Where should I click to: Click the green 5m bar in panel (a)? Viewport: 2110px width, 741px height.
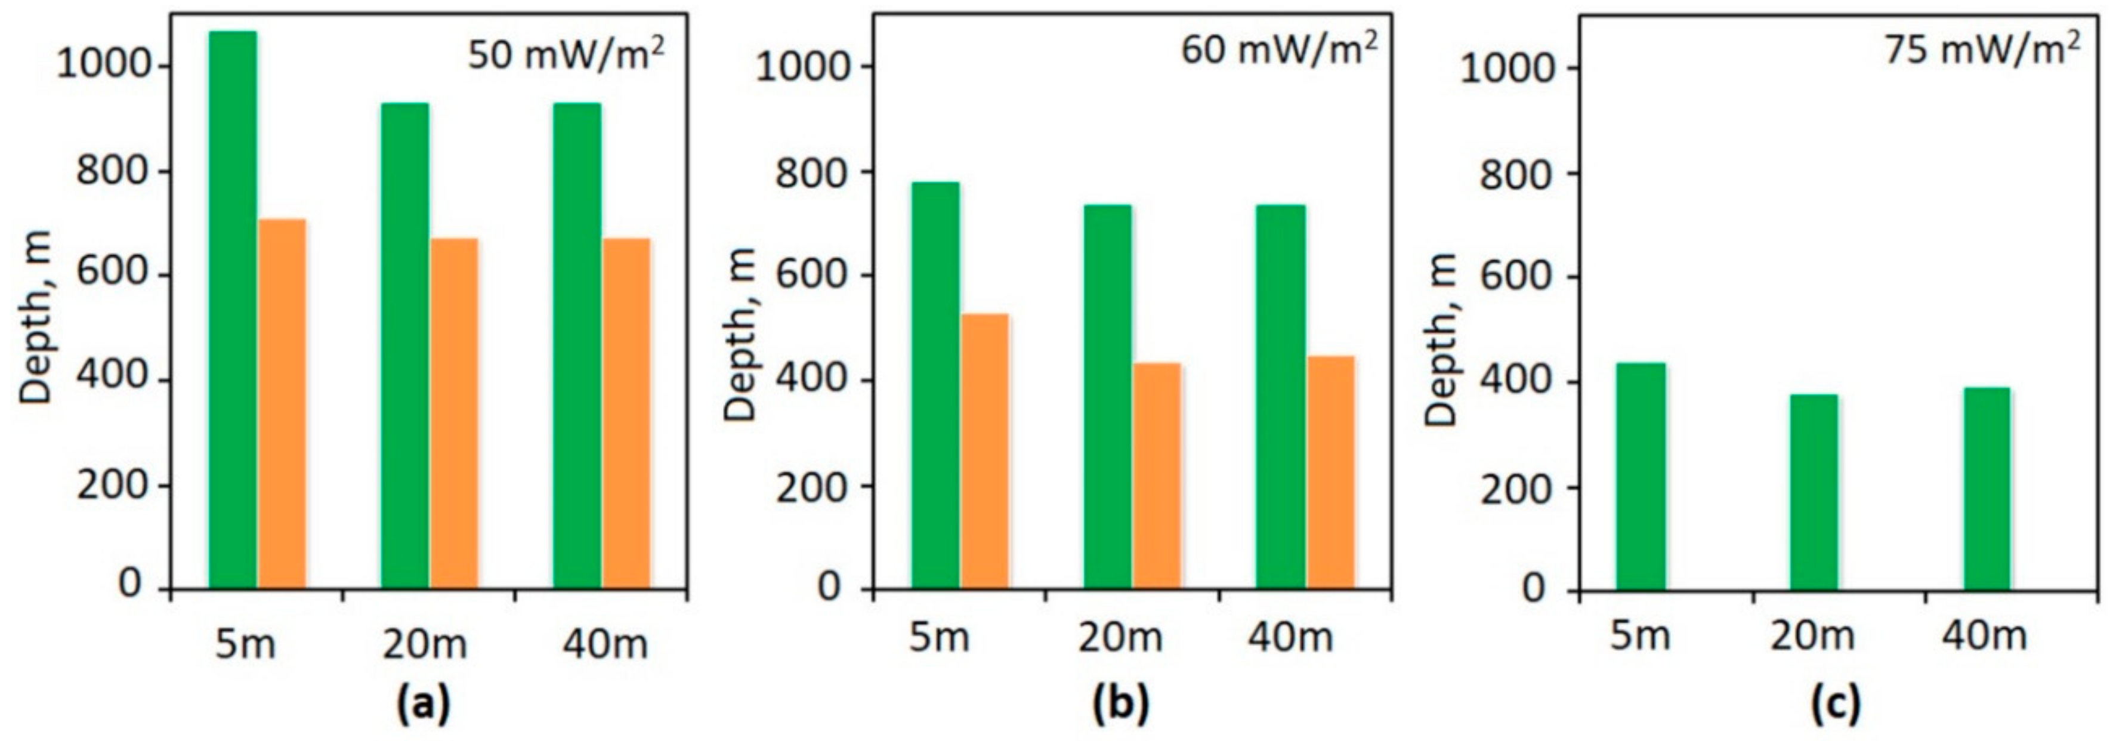tap(233, 311)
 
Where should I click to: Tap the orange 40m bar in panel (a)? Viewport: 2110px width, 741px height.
tap(626, 413)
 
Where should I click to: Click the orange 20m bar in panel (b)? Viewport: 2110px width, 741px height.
tap(1157, 476)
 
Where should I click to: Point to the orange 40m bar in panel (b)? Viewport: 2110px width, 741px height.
tap(1331, 473)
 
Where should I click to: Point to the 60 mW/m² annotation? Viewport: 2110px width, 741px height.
tap(1278, 49)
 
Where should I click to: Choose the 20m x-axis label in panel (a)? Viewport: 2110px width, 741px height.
tap(424, 644)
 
